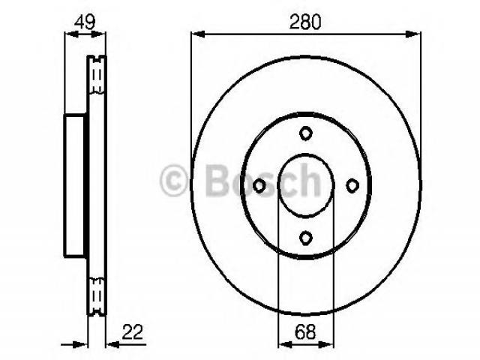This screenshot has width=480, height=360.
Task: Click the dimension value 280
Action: pyautogui.click(x=305, y=22)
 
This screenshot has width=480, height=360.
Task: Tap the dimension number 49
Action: pyautogui.click(x=85, y=22)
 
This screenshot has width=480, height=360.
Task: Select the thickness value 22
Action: pyautogui.click(x=132, y=331)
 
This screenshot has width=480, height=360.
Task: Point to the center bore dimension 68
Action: pyautogui.click(x=305, y=331)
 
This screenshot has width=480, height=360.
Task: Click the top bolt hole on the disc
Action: pyautogui.click(x=305, y=133)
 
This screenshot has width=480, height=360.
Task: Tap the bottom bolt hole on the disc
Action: pyautogui.click(x=305, y=238)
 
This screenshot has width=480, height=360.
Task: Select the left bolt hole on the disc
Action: pyautogui.click(x=259, y=185)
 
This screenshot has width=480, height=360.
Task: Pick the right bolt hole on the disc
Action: pyautogui.click(x=352, y=185)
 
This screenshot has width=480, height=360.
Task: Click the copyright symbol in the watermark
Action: pyautogui.click(x=173, y=180)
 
